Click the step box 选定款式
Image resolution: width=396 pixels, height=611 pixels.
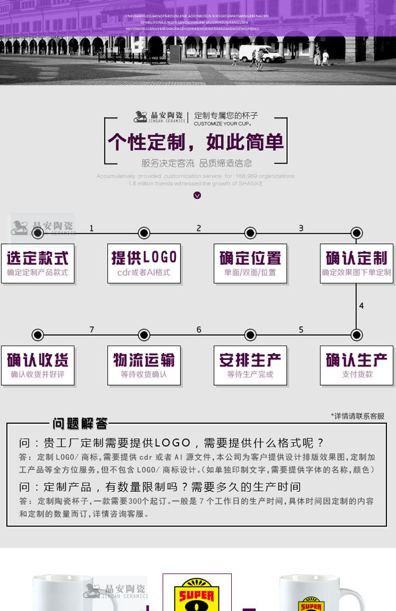(37, 263)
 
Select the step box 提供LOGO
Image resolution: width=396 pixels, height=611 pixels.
(144, 263)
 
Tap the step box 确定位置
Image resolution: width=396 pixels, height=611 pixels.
(250, 263)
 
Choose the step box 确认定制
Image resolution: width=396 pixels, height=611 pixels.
(356, 263)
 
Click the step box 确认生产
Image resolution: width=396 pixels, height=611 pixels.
(356, 365)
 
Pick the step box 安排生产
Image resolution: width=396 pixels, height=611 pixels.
(250, 365)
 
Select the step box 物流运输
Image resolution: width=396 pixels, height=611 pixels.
(144, 365)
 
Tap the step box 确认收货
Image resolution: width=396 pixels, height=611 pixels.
(37, 365)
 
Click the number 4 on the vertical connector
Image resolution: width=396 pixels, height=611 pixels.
(361, 305)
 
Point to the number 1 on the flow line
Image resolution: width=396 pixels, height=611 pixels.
(91, 228)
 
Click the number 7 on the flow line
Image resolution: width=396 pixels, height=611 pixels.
(91, 330)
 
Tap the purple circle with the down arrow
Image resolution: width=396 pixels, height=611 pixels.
(197, 195)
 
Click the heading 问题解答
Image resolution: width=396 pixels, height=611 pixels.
(80, 423)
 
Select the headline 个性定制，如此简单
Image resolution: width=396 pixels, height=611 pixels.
(196, 142)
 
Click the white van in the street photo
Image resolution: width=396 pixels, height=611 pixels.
(260, 53)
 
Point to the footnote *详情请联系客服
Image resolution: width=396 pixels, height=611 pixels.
(357, 416)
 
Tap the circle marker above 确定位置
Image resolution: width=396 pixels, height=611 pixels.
(250, 233)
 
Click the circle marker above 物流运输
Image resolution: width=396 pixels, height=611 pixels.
(144, 335)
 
